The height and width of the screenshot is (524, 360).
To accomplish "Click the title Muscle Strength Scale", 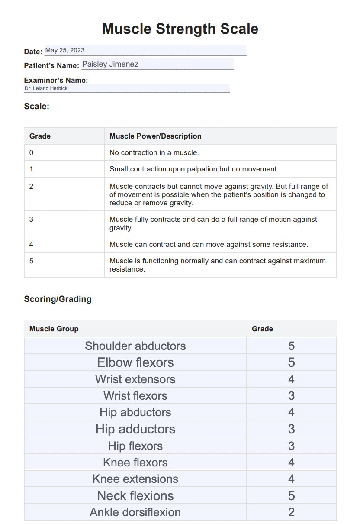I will click(180, 29).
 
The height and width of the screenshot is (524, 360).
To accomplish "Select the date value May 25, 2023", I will click(65, 50).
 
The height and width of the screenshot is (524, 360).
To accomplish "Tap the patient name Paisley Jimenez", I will click(110, 64).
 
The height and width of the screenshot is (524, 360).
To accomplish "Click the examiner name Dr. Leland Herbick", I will click(46, 88).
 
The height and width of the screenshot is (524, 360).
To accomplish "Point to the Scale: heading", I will click(37, 106).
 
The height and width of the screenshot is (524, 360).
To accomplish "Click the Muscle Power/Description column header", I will click(155, 136).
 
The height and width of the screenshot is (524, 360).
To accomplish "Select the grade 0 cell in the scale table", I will click(31, 152).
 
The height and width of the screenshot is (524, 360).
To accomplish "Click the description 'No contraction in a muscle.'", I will click(154, 152).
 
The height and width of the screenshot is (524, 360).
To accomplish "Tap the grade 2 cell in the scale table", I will click(31, 186).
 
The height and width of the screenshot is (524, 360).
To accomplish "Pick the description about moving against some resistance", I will click(209, 244).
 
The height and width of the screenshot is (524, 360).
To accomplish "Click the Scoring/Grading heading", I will click(58, 299).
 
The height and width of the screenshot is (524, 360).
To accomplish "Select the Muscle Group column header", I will click(54, 329).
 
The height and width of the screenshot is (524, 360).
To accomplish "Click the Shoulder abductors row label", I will click(135, 346).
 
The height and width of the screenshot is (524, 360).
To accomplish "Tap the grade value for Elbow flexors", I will click(291, 362).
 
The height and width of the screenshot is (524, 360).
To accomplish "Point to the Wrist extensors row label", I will click(135, 379).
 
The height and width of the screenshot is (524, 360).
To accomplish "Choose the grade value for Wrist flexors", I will click(291, 396).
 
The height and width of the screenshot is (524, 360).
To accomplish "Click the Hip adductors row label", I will click(135, 429).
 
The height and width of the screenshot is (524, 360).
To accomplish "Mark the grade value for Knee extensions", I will click(291, 479).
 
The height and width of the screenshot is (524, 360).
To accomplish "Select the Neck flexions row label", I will click(135, 495).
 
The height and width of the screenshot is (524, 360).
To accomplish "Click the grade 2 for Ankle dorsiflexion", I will click(291, 512).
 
